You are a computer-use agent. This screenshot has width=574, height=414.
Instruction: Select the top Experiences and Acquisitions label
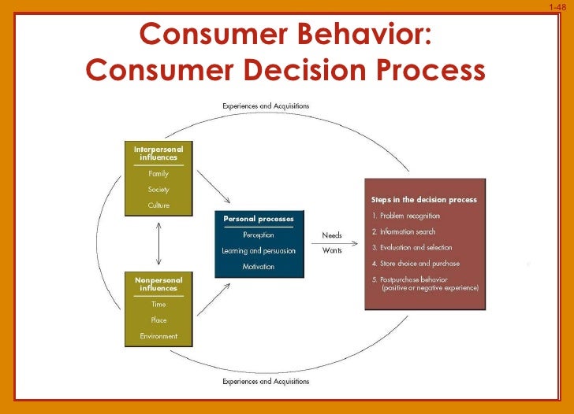[x=265, y=105]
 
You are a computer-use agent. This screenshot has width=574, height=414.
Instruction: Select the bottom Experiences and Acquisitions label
[x=265, y=382]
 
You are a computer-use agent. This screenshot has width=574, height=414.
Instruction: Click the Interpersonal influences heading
[x=158, y=153]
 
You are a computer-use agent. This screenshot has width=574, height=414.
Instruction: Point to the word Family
[x=158, y=174]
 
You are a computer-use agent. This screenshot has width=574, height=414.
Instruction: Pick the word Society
[x=158, y=190]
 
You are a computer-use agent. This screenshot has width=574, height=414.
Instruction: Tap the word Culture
[x=158, y=205]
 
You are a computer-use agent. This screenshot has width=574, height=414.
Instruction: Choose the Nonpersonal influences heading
[x=158, y=284]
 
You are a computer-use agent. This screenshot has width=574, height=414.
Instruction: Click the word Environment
[x=158, y=336]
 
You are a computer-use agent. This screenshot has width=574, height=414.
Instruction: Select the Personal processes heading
[x=259, y=218]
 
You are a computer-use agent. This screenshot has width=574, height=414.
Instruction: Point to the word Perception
[x=259, y=235]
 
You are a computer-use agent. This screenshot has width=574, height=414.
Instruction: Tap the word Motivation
[x=259, y=267]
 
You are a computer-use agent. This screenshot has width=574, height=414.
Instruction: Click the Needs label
[x=332, y=235]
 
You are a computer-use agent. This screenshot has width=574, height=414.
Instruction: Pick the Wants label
[x=332, y=251]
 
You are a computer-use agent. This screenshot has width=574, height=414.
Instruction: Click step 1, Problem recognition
[x=405, y=216]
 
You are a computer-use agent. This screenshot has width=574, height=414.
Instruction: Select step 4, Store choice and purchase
[x=415, y=264]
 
